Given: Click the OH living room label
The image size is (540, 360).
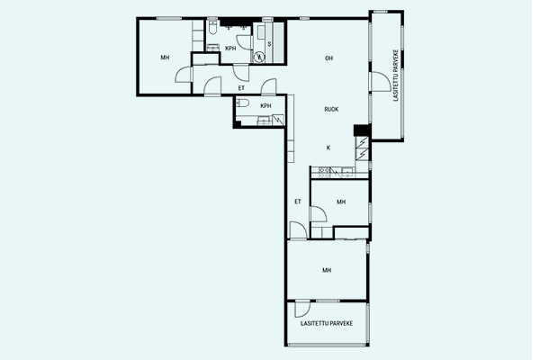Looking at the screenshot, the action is click(328, 58).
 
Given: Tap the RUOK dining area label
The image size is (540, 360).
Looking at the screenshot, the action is click(331, 109).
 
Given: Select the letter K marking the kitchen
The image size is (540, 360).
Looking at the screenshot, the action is click(328, 148).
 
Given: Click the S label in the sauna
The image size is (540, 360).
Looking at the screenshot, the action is click(269, 44).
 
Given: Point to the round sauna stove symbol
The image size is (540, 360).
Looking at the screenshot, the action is click(259, 57).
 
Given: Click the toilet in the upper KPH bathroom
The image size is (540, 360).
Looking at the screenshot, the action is click(212, 28).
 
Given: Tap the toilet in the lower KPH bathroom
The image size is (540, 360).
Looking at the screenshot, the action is click(242, 103).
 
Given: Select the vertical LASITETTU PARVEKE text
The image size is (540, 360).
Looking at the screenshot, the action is click(396, 76).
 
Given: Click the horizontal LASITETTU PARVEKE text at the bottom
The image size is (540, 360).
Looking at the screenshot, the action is click(327, 323).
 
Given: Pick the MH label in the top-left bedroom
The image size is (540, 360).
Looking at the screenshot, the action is click(165, 58).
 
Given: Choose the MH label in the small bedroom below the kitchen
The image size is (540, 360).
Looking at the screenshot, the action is click(341, 202).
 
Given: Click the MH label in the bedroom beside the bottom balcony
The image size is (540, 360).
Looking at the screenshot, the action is click(327, 270).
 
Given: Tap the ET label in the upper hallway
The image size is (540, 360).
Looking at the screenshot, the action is click(241, 88).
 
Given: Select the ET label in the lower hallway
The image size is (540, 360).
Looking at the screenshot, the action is click(298, 202).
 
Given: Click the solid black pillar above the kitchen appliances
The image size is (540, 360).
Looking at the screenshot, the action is click(362, 130).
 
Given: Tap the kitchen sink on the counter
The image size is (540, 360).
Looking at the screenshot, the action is click(347, 172).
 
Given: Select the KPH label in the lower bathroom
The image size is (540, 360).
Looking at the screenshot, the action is click(265, 106).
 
